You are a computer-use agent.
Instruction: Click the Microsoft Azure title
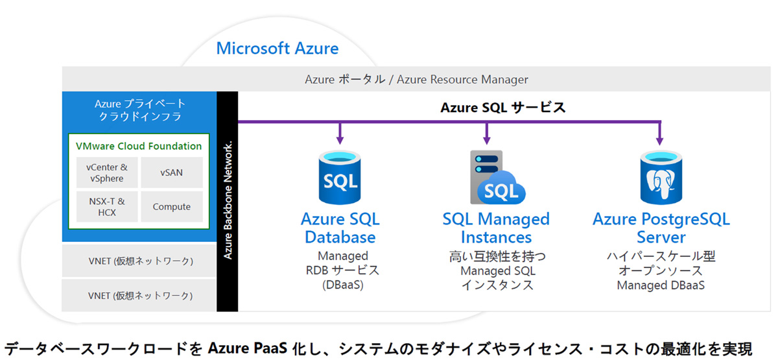pyautogui.click(x=277, y=49)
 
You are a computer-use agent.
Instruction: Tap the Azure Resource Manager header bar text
pyautogui.click(x=416, y=80)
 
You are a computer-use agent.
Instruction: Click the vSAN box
pyautogui.click(x=171, y=173)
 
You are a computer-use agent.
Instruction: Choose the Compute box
pyautogui.click(x=171, y=207)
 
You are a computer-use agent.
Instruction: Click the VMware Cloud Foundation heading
pyautogui.click(x=139, y=146)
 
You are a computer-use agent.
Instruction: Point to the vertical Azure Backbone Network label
pyautogui.click(x=229, y=201)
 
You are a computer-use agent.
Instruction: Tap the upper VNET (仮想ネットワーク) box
pyautogui.click(x=140, y=261)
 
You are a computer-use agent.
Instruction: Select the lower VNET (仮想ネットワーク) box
pyautogui.click(x=140, y=296)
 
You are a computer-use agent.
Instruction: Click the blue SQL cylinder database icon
pyautogui.click(x=340, y=176)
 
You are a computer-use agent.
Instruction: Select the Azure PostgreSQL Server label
pyautogui.click(x=661, y=227)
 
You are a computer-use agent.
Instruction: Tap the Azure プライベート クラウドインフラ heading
pyautogui.click(x=140, y=110)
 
